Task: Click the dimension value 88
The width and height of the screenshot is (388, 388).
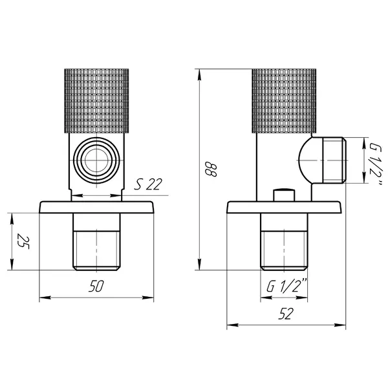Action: click(x=211, y=169)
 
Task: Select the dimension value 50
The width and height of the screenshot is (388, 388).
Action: click(x=96, y=286)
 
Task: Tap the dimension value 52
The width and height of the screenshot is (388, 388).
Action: click(x=286, y=314)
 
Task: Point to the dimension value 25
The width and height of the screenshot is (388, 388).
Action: click(x=23, y=241)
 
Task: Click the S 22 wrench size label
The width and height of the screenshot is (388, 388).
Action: click(x=148, y=184)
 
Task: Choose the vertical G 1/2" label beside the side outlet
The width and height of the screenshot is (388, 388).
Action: click(x=376, y=164)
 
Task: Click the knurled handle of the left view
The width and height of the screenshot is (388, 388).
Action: click(x=96, y=101)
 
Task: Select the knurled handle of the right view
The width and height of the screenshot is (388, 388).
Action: click(x=284, y=101)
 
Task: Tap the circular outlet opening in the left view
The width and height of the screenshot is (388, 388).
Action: click(x=96, y=160)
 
